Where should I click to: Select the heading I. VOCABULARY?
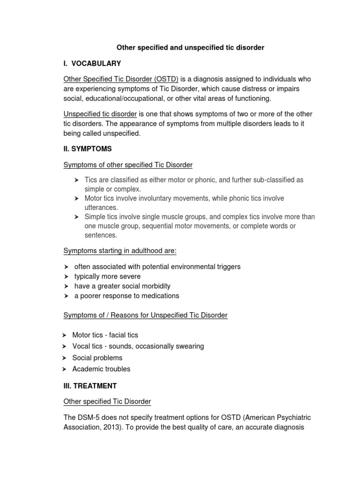[x=92, y=63]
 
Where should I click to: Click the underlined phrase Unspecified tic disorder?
[x=100, y=114]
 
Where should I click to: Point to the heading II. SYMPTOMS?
[x=88, y=149]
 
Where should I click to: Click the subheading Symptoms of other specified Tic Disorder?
[x=128, y=165]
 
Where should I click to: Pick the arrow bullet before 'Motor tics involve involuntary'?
[x=76, y=199]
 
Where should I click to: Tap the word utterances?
[x=101, y=207]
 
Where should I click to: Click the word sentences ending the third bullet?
[x=101, y=235]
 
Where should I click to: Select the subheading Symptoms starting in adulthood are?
[x=120, y=251]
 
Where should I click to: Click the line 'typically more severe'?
[x=107, y=277]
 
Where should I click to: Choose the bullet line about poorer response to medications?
[x=127, y=296]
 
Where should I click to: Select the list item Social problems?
[x=97, y=358]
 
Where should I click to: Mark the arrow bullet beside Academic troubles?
[x=65, y=369]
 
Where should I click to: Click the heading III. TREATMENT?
[x=90, y=386]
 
